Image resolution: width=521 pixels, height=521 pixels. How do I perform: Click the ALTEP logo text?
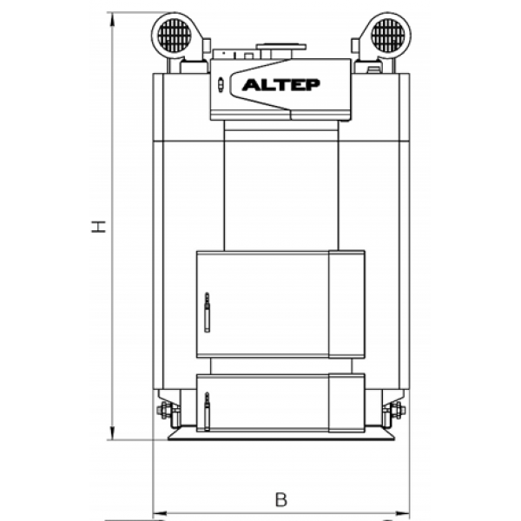(x=281, y=85)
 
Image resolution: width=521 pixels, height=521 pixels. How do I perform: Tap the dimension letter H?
(x=99, y=227)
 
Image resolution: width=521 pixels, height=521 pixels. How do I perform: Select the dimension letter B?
(x=281, y=499)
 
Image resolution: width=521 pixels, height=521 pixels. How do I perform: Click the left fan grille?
(x=175, y=36)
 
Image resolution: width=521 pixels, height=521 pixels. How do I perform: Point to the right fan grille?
(x=388, y=36)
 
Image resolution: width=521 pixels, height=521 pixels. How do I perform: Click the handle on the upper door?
(x=207, y=312)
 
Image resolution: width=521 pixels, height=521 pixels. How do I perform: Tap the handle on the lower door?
(x=207, y=412)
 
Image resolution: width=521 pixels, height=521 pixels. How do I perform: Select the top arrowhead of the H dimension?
(x=112, y=19)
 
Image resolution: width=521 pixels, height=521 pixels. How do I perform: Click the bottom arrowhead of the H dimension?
(x=112, y=432)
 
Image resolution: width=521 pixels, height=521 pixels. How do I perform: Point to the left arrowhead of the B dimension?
(x=160, y=514)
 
